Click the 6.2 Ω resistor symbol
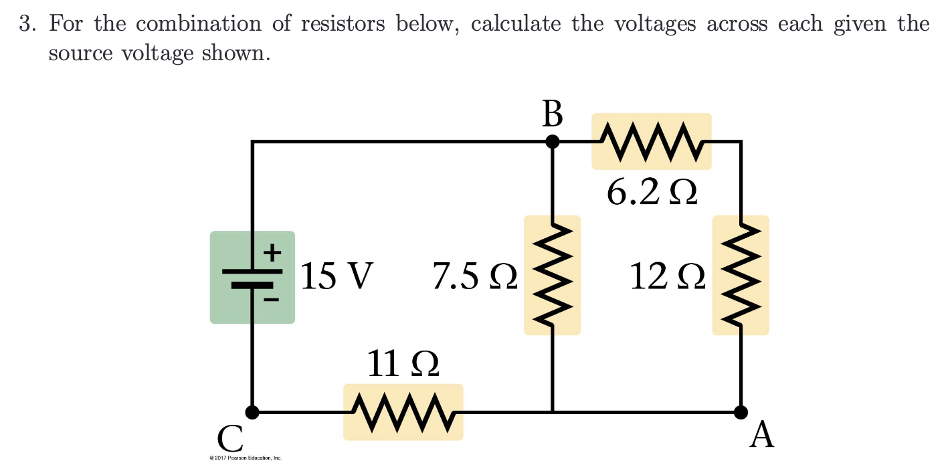[652, 141]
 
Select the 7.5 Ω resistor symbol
[552, 275]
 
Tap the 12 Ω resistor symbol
[741, 275]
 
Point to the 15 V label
[337, 276]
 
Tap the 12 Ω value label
[667, 276]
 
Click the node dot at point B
[552, 141]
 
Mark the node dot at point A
[741, 412]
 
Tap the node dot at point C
[252, 412]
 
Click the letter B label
[552, 114]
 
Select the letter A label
[762, 436]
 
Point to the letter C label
[230, 439]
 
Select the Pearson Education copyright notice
[246, 458]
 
